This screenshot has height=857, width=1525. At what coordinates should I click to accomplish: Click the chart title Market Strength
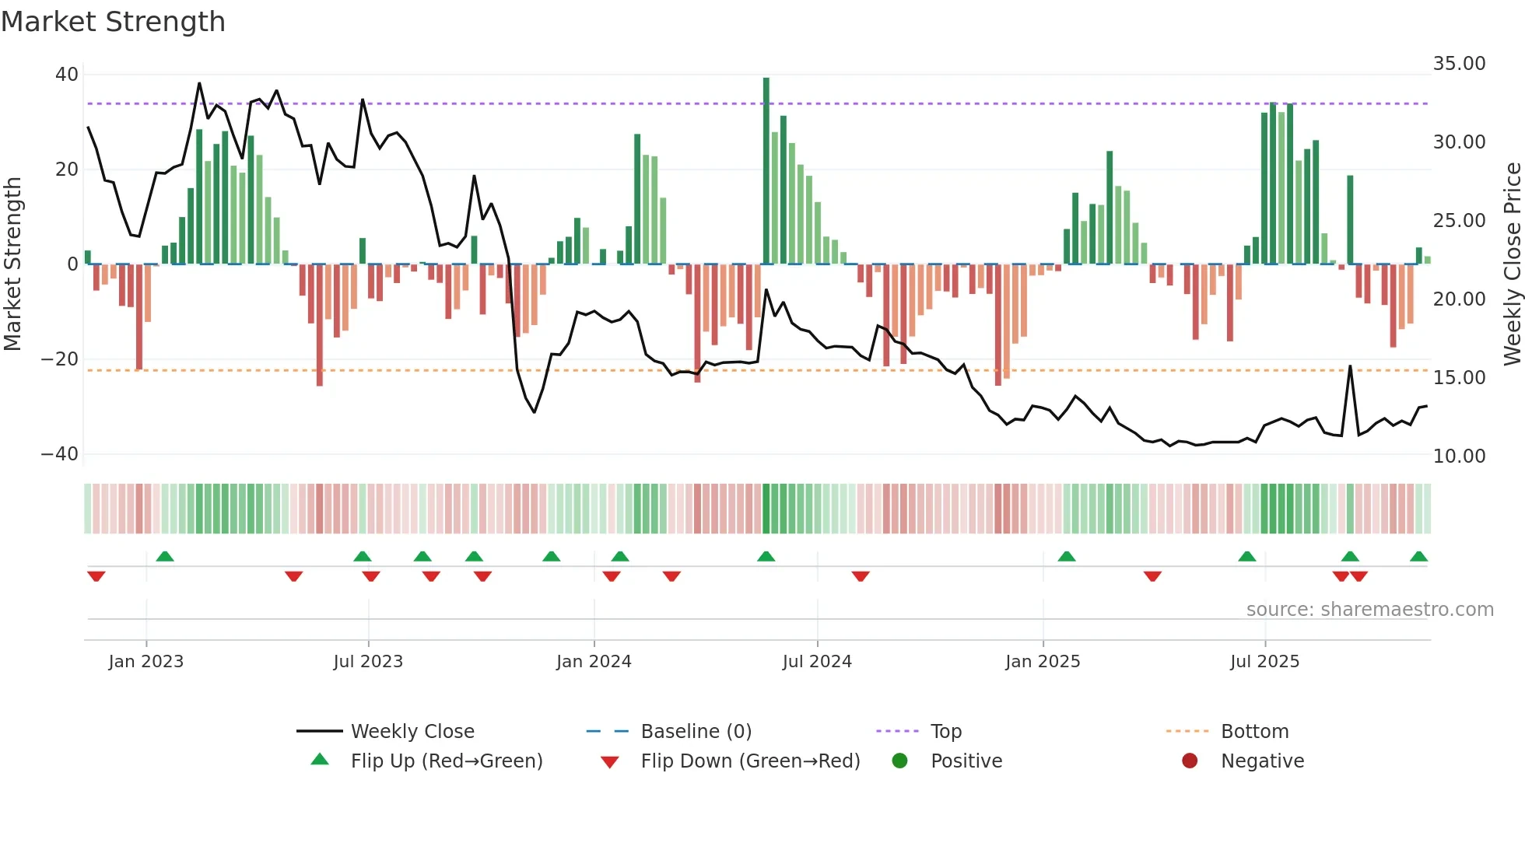[113, 22]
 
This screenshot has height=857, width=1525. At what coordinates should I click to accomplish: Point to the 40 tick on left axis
[67, 75]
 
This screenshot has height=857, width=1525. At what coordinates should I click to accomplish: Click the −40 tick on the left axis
[60, 454]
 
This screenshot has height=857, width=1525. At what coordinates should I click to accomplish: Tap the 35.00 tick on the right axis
[1459, 64]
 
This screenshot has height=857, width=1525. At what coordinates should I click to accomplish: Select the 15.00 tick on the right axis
[1459, 378]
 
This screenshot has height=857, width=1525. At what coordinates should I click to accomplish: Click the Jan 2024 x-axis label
[594, 662]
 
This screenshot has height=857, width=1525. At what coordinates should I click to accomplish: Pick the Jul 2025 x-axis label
[1264, 662]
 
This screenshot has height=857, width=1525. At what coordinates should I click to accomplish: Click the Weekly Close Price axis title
[1512, 264]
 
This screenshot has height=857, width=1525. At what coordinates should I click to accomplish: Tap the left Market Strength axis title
[12, 264]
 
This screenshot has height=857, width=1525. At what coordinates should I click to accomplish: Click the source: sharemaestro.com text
[1369, 610]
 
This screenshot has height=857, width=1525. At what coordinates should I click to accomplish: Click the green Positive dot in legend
[900, 761]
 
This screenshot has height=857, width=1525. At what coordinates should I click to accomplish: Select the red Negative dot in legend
[1190, 761]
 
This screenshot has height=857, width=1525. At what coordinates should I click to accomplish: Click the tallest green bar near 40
[766, 171]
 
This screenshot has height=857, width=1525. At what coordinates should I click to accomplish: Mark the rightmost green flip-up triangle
[1418, 557]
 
